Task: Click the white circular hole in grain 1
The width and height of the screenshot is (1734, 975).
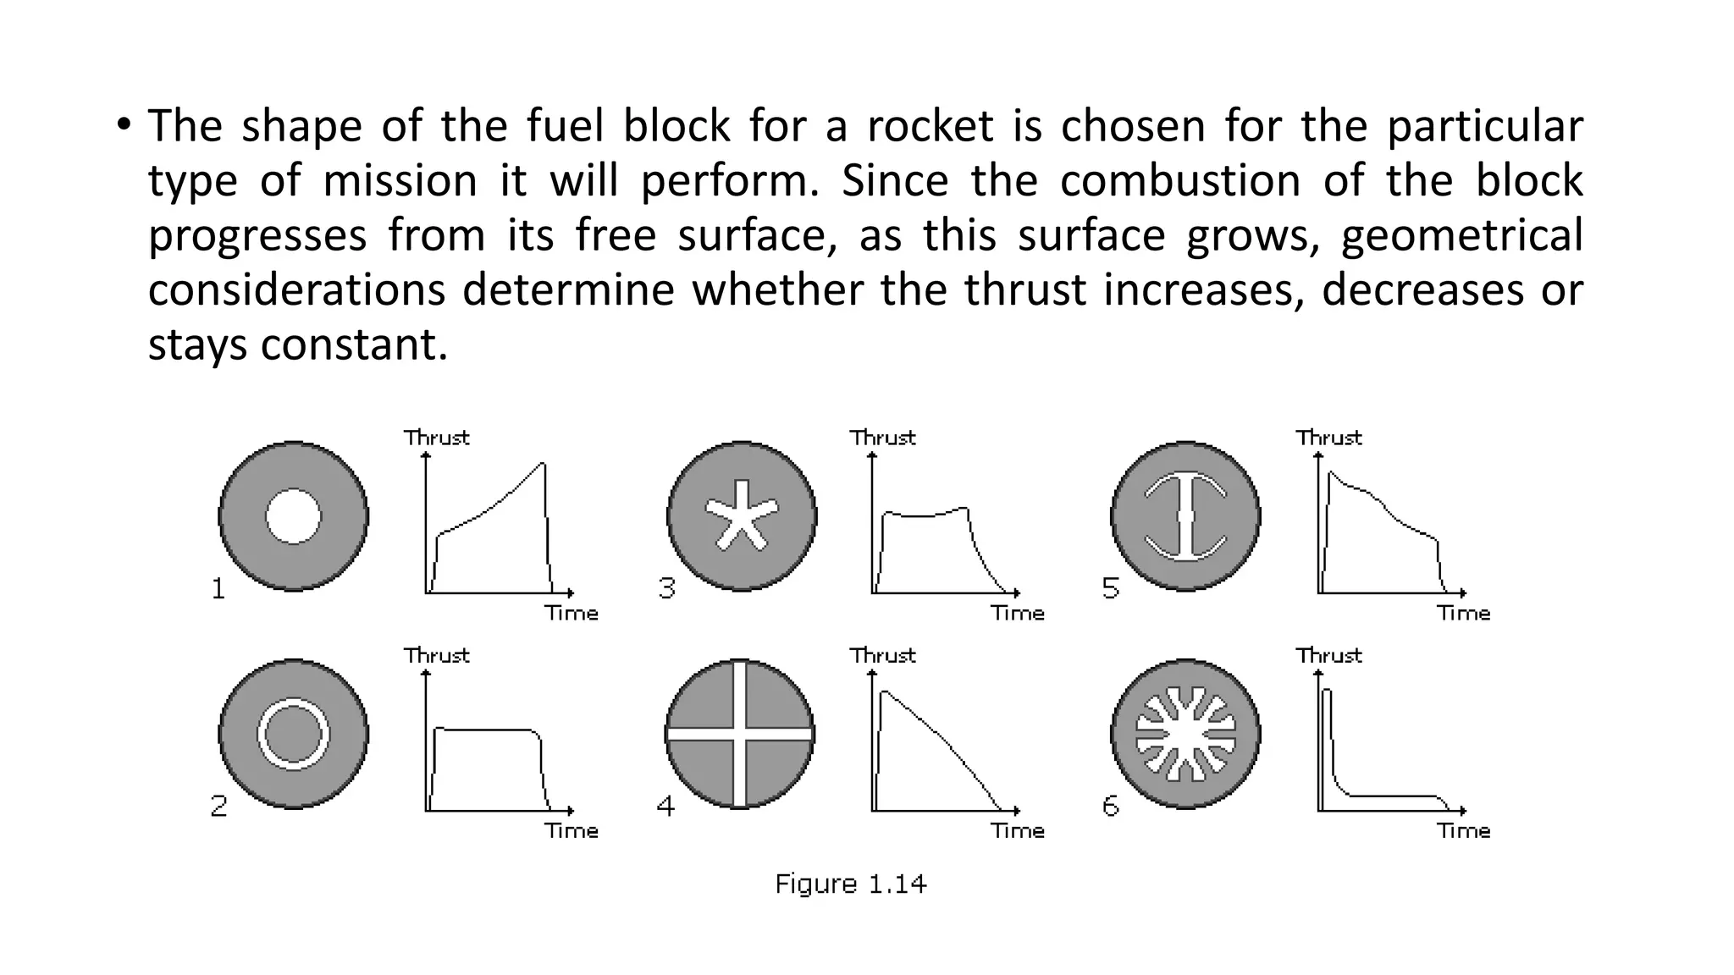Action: click(x=293, y=516)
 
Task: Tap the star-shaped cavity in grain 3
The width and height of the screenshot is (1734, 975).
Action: click(x=742, y=515)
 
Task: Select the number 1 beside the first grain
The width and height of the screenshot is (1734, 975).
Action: click(x=218, y=588)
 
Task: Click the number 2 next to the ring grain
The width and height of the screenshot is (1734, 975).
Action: click(x=218, y=806)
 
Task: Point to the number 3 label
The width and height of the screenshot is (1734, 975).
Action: click(x=667, y=588)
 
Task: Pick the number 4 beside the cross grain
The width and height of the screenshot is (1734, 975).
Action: click(x=666, y=806)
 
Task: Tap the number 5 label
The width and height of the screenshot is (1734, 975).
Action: click(x=1111, y=588)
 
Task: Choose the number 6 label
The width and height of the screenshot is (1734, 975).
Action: click(x=1111, y=806)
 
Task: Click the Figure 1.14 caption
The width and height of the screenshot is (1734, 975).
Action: click(x=851, y=884)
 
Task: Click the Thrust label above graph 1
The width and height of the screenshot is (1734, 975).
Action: click(x=436, y=438)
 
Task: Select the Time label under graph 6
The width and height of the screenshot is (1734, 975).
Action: click(x=1463, y=831)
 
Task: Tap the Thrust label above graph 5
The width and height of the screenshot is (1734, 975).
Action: click(x=1328, y=438)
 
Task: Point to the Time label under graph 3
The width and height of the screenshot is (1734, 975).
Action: click(x=1018, y=614)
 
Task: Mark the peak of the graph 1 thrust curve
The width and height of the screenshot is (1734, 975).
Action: click(x=544, y=464)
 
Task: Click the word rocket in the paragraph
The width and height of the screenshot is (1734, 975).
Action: click(x=930, y=127)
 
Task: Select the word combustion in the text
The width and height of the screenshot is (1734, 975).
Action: click(x=1179, y=181)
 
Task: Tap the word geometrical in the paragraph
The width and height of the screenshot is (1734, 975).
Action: click(x=1461, y=235)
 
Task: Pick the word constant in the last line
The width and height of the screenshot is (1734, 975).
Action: click(x=353, y=344)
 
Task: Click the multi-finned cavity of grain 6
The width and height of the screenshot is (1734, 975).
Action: click(x=1185, y=734)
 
